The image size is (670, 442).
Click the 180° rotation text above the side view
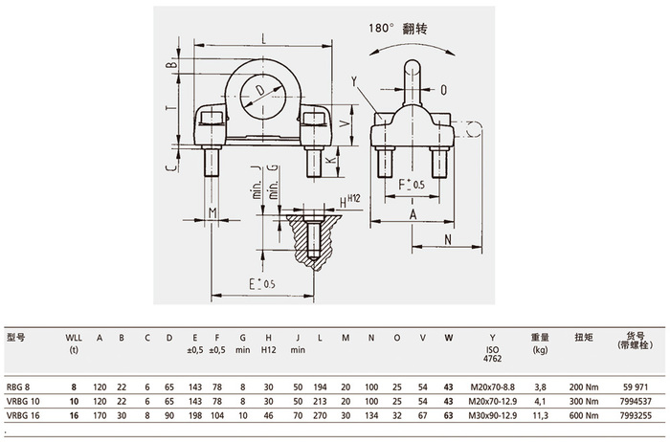[398, 29]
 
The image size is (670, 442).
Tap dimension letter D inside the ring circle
[259, 90]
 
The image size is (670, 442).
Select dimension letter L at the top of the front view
[264, 39]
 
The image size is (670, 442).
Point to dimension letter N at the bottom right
[448, 239]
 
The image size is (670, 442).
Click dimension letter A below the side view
[413, 214]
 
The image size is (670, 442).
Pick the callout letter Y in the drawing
[354, 81]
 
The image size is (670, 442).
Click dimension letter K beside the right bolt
[328, 161]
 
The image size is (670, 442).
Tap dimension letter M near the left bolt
[212, 212]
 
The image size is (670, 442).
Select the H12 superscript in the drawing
[354, 198]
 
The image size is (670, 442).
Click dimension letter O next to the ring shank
[443, 90]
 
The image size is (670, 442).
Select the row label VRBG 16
[23, 415]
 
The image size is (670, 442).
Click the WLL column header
[74, 338]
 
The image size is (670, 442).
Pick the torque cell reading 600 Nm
[584, 415]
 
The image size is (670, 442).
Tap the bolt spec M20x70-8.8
[493, 387]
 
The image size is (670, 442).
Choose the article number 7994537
[636, 402]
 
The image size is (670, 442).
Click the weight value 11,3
[541, 415]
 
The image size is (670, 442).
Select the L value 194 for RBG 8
[320, 387]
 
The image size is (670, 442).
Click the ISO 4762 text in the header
[492, 354]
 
